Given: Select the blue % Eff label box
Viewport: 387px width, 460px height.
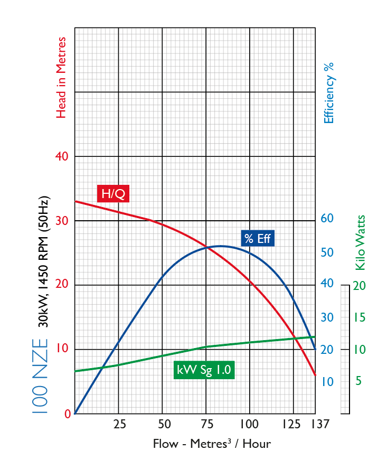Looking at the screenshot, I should [x=258, y=238].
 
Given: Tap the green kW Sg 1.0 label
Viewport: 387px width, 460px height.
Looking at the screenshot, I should [x=204, y=370].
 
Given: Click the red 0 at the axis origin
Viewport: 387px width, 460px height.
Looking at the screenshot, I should [x=68, y=414].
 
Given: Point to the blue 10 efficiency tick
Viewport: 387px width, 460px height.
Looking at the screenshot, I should [x=327, y=381].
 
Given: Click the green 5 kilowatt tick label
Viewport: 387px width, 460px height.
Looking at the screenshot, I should [x=358, y=381].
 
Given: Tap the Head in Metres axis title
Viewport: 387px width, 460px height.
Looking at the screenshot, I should [x=62, y=77].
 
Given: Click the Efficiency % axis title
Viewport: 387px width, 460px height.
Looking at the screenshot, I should [x=329, y=92].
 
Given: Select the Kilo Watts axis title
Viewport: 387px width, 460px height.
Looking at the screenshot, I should [x=360, y=242].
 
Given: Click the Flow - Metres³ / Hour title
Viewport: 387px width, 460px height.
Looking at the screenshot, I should [x=212, y=444].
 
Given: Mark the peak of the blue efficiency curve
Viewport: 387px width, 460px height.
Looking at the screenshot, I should [x=220, y=246].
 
